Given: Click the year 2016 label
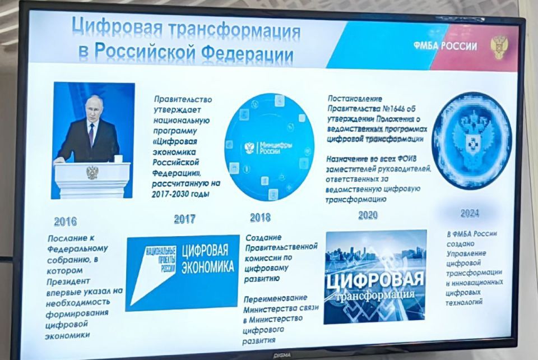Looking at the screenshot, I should [66, 221].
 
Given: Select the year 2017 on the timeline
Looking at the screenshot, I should [184, 219].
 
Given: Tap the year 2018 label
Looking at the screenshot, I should [260, 217].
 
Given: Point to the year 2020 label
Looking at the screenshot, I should [368, 215].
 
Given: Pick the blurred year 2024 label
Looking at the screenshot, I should [470, 213].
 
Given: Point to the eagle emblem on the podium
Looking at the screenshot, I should [92, 172].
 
